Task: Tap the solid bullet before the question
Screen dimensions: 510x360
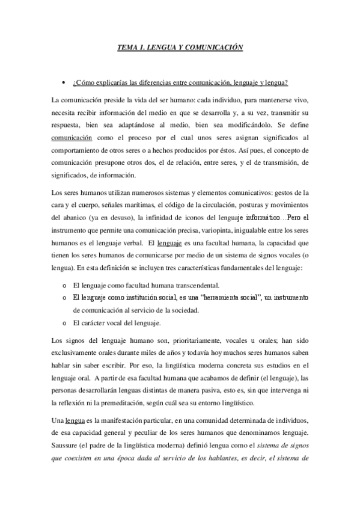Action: coord(63,82)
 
